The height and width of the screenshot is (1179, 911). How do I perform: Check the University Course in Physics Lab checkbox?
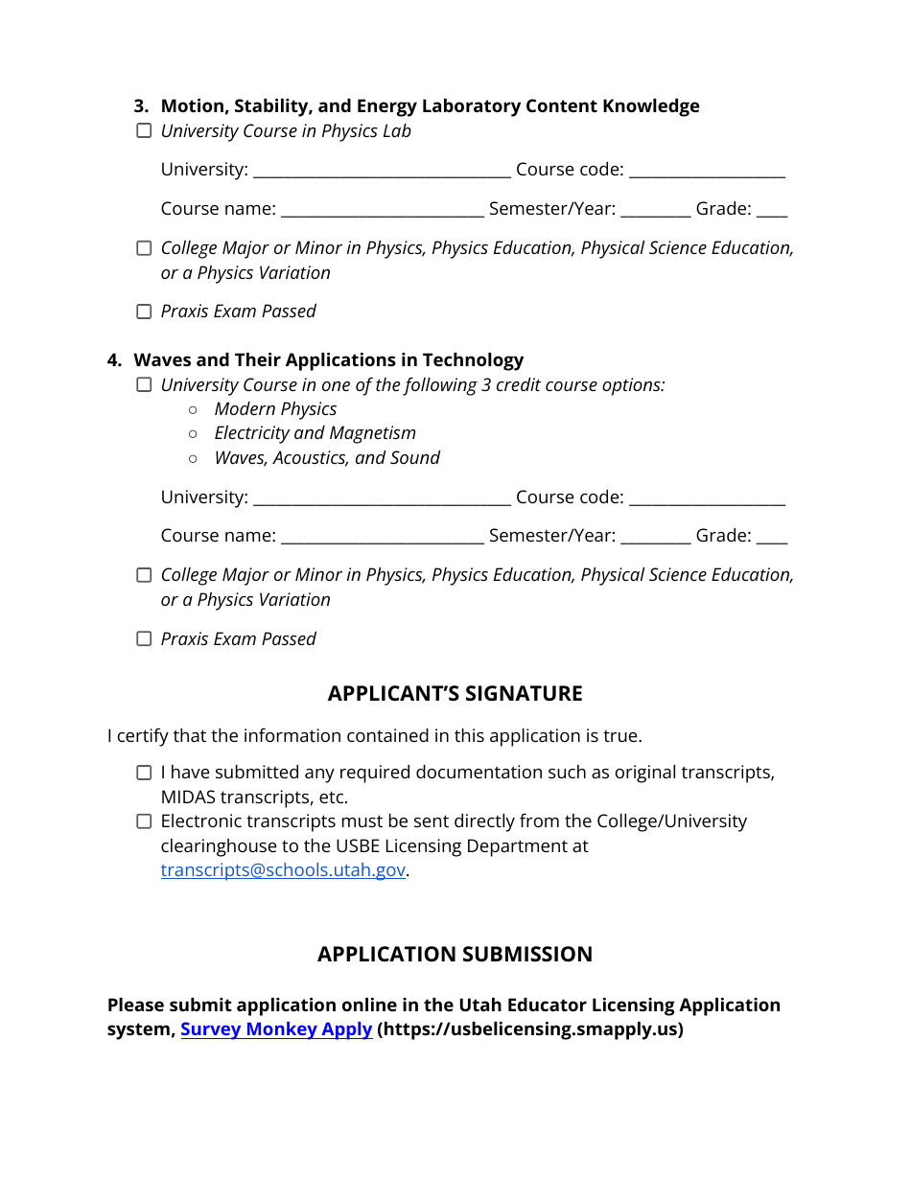coord(144,131)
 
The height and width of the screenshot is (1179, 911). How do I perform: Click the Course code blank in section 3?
coord(707,171)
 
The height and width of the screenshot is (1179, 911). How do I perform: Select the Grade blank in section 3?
coord(772,210)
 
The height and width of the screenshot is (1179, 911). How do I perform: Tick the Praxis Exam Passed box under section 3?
coord(144,312)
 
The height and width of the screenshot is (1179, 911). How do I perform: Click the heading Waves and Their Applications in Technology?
coord(328,360)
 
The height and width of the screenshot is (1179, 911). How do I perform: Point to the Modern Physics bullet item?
coord(275,409)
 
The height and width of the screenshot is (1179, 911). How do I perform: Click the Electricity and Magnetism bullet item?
coord(315,433)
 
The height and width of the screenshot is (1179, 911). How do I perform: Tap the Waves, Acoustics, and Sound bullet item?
coord(327,458)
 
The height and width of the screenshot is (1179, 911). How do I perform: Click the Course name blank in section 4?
coord(382,537)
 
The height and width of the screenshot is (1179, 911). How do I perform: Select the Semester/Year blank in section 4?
coord(656,537)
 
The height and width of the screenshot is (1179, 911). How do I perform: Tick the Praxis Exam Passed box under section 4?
coord(144,639)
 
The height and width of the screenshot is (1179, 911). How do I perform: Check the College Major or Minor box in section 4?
coord(144,575)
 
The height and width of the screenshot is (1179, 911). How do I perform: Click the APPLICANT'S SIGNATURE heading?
coord(455,694)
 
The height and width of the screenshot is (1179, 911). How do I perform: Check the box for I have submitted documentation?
coord(144,773)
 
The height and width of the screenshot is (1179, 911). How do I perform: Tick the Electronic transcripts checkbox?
coord(144,821)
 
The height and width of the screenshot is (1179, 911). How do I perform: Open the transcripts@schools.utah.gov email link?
coord(283,871)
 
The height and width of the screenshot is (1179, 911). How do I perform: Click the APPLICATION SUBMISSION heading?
coord(455,955)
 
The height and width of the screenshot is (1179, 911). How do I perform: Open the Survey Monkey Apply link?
coord(276,1029)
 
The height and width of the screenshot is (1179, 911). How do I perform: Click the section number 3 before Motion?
coord(140,106)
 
